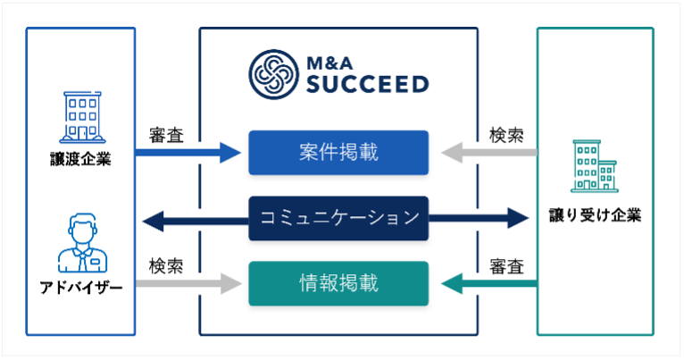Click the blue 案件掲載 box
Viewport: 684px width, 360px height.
pyautogui.click(x=338, y=152)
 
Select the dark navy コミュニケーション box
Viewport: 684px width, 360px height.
pyautogui.click(x=338, y=217)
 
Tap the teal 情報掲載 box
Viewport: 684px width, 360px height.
pyautogui.click(x=338, y=284)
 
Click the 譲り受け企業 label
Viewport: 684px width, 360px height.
pyautogui.click(x=594, y=215)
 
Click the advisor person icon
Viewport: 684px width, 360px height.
pyautogui.click(x=81, y=243)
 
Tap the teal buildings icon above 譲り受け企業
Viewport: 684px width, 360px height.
pyautogui.click(x=595, y=168)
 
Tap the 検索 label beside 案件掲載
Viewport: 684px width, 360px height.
pyautogui.click(x=506, y=135)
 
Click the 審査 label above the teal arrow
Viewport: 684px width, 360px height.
pyautogui.click(x=506, y=266)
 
